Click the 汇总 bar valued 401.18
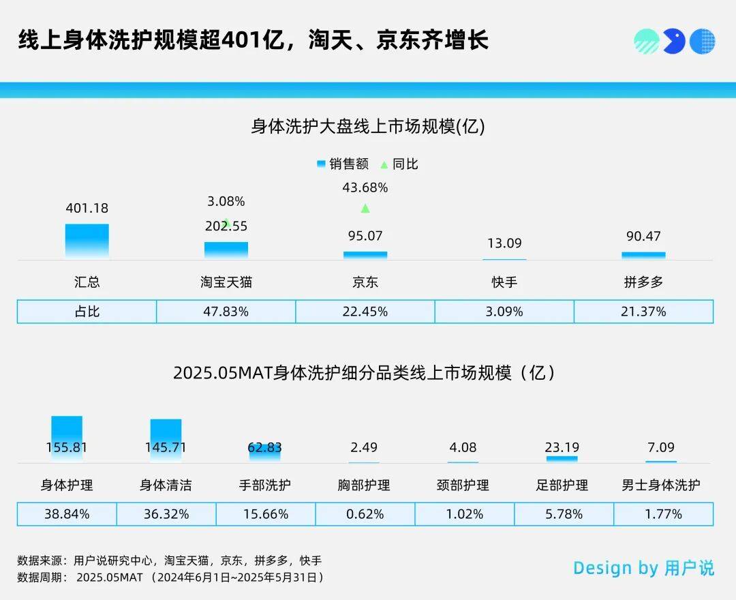click(87, 241)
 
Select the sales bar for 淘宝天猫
click(226, 250)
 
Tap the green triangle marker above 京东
click(365, 209)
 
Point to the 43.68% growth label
click(365, 187)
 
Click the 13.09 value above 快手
click(504, 243)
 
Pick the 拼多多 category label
click(643, 282)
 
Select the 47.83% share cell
click(226, 312)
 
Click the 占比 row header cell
click(87, 312)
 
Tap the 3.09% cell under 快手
click(504, 312)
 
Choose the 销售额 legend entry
click(343, 164)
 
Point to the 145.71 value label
click(166, 448)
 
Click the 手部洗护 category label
click(265, 485)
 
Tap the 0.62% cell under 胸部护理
click(365, 514)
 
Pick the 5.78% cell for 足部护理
click(563, 514)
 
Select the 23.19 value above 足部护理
click(562, 448)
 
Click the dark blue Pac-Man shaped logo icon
click(674, 42)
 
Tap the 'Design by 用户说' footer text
click(643, 568)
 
